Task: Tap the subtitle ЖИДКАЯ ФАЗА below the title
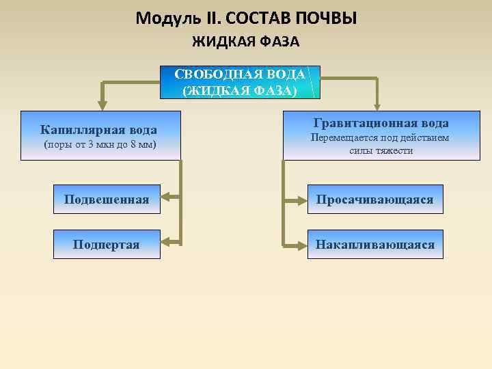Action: pyautogui.click(x=245, y=42)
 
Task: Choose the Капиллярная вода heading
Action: pyautogui.click(x=98, y=129)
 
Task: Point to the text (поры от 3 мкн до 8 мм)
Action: pyautogui.click(x=99, y=145)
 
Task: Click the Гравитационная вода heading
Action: pyautogui.click(x=381, y=123)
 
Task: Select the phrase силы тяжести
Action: pyautogui.click(x=381, y=150)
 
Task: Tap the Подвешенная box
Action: pyautogui.click(x=107, y=200)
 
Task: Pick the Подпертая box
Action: pyautogui.click(x=107, y=244)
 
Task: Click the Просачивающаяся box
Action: pyautogui.click(x=374, y=200)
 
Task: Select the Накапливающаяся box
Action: pyautogui.click(x=374, y=244)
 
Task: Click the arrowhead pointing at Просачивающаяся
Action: pyautogui.click(x=301, y=200)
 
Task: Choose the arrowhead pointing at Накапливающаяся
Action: pyautogui.click(x=301, y=244)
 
